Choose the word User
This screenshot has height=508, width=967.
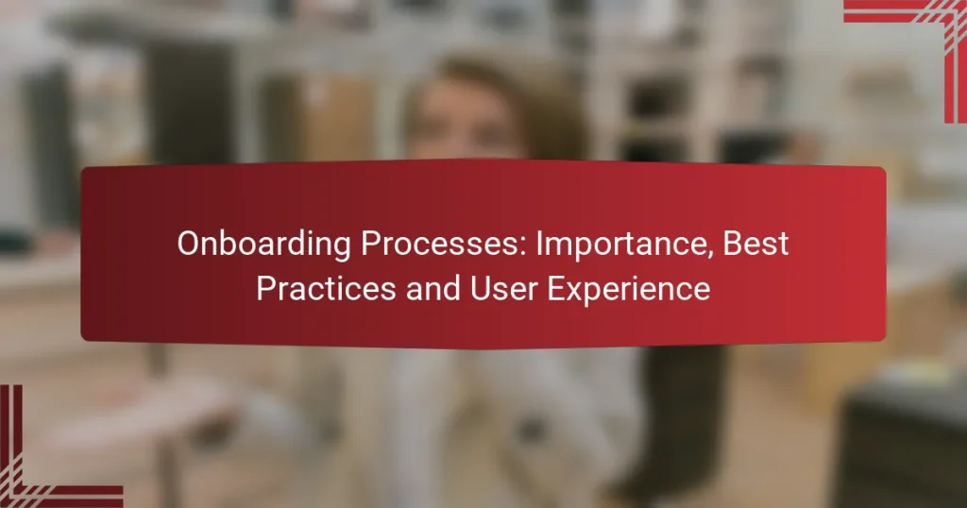pyautogui.click(x=495, y=289)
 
